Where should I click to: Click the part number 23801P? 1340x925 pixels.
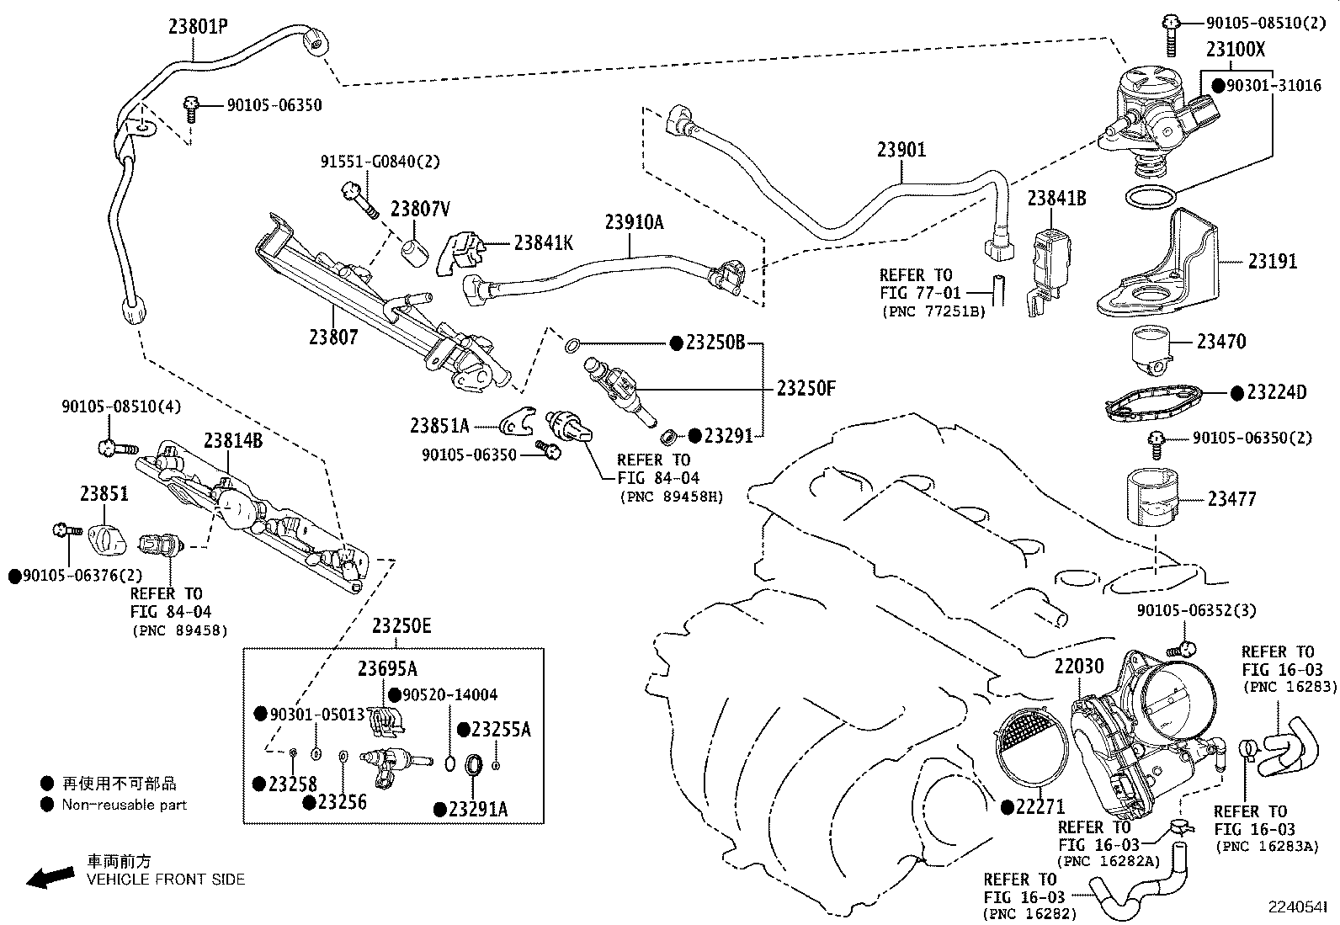point(198,27)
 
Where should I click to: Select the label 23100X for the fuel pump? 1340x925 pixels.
point(1235,51)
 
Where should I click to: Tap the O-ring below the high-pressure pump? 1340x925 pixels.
point(1151,199)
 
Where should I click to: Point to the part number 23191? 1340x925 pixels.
point(1272,262)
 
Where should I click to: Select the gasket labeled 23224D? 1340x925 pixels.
point(1154,399)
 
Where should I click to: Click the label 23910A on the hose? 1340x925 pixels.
point(634,222)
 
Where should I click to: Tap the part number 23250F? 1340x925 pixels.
point(806,389)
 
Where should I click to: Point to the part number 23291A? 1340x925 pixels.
point(478,810)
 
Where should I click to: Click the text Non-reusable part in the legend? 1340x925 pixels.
point(125,805)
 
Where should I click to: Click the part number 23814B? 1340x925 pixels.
point(232,440)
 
